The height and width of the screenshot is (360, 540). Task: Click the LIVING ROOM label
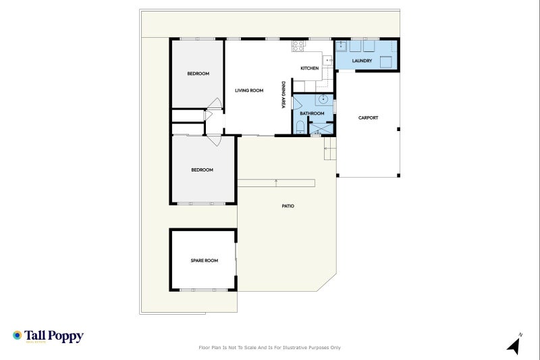tap(248, 90)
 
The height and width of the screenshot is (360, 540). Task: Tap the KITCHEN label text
tap(309, 68)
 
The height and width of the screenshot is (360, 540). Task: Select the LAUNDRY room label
tap(362, 61)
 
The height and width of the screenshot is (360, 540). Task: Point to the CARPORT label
tap(368, 118)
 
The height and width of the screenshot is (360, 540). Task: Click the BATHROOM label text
tap(312, 113)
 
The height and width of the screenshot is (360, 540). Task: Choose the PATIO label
tap(288, 206)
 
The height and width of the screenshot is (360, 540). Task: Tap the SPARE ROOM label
tap(204, 260)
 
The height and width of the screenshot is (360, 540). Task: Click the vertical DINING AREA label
tap(283, 95)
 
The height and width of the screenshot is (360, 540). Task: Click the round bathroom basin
tap(324, 100)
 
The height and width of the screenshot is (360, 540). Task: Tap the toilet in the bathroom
tap(300, 126)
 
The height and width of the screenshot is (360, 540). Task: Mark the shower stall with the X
tap(321, 126)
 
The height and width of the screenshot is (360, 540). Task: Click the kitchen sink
tap(329, 60)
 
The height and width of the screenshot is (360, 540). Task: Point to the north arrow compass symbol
tap(514, 345)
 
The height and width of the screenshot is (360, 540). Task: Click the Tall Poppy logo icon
tap(17, 336)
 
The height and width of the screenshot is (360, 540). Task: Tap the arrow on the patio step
tap(276, 181)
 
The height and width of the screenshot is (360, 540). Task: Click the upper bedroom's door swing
tap(215, 103)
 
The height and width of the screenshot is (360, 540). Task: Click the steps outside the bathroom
tap(329, 153)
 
